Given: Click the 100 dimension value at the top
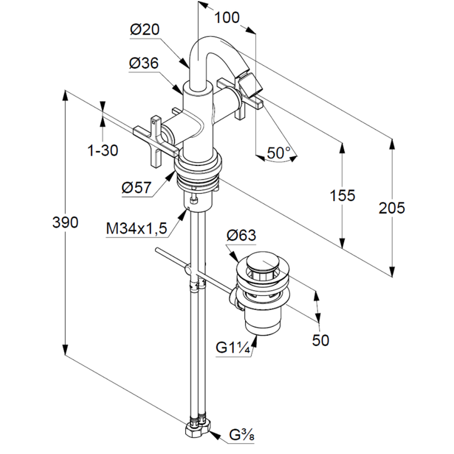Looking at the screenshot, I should point(227,18).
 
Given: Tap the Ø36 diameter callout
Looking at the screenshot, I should point(144,64).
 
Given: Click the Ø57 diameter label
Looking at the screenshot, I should point(136,188).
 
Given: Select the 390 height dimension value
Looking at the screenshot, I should point(65,222).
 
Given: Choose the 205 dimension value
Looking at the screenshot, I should point(392,208).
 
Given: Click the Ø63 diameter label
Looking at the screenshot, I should point(241,235).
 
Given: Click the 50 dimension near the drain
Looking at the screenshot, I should point(321,340).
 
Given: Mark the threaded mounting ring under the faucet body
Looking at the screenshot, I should point(199,175).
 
